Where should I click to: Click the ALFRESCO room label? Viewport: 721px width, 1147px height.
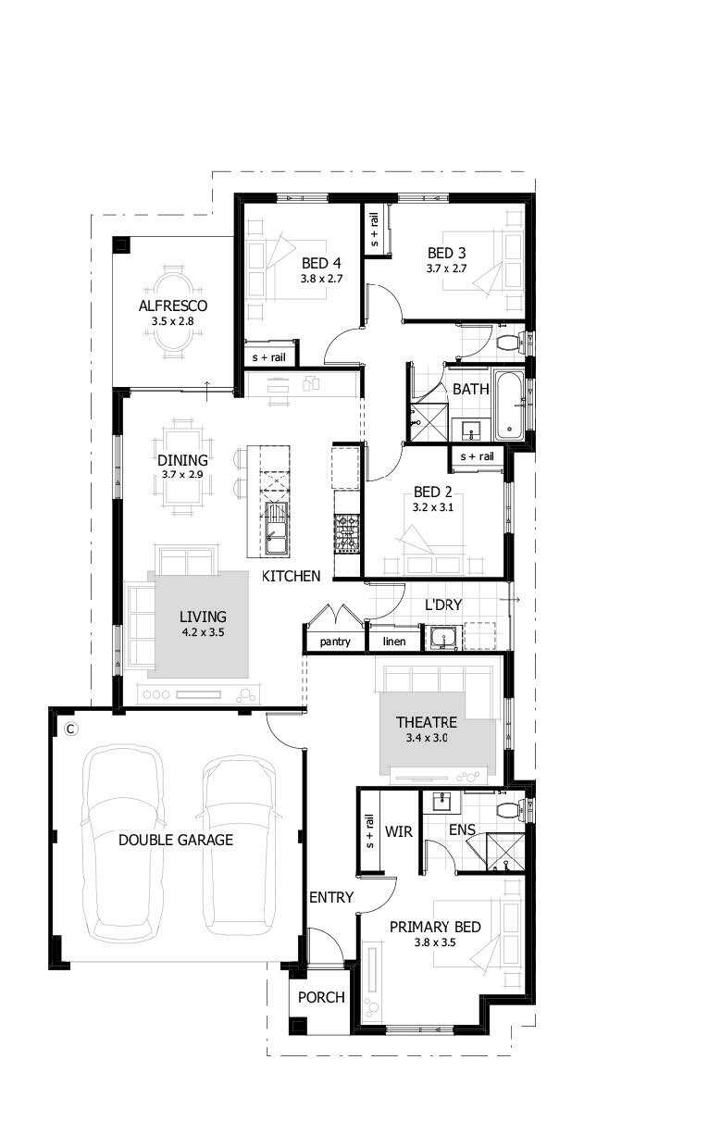point(173,305)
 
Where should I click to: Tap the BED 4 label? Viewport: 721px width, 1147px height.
point(321,263)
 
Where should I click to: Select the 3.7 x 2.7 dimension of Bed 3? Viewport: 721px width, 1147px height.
point(446,268)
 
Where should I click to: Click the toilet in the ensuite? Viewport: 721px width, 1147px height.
point(508,811)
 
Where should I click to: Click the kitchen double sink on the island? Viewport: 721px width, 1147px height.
point(277,529)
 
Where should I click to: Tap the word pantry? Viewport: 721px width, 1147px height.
point(335,642)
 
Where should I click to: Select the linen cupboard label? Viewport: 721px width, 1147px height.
point(394,642)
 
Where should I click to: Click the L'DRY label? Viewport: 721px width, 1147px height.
point(443,605)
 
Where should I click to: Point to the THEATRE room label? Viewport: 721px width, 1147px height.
point(427,722)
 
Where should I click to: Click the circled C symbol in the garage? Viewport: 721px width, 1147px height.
point(71,729)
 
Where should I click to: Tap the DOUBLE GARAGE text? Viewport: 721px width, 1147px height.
point(176,840)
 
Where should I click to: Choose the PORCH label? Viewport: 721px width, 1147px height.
point(321,997)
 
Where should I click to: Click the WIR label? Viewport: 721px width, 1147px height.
point(398,831)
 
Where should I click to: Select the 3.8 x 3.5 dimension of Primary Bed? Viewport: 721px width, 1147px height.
point(435,942)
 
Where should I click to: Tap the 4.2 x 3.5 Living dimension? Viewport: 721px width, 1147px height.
point(203,632)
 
